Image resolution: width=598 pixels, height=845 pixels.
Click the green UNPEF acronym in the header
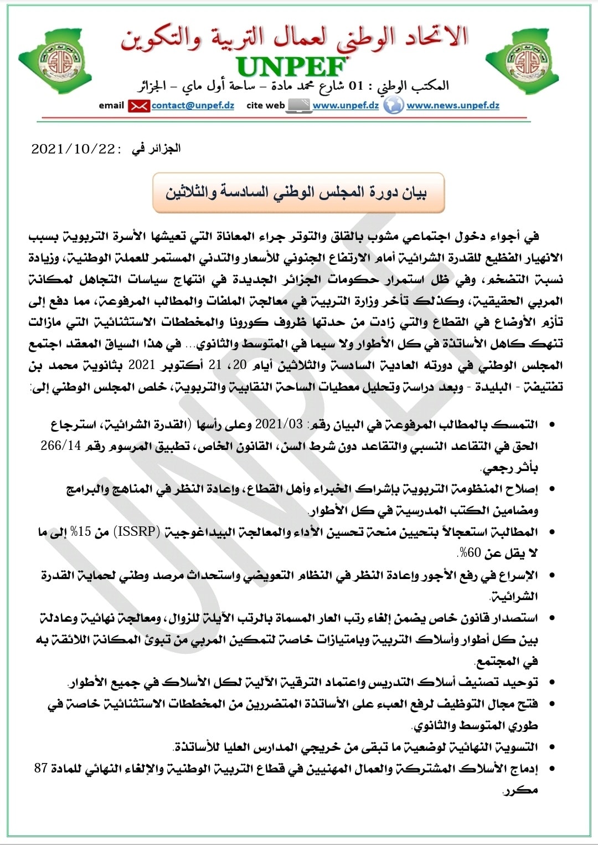pyautogui.click(x=292, y=67)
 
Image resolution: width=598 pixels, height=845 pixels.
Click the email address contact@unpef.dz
pyautogui.click(x=193, y=105)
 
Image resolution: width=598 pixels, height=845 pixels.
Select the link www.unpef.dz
pyautogui.click(x=346, y=105)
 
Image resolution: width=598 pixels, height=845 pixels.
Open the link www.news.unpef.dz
pyautogui.click(x=453, y=105)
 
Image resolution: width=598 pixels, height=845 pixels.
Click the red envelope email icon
pyautogui.click(x=138, y=106)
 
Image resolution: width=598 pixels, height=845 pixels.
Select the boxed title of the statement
pyautogui.click(x=298, y=193)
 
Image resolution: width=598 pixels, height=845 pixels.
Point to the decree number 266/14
pyautogui.click(x=61, y=446)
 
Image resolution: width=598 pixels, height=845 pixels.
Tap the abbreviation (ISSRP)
pyautogui.click(x=137, y=532)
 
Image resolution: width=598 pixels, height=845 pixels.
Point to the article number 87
pyautogui.click(x=41, y=769)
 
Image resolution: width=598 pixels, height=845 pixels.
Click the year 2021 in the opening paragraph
pyautogui.click(x=142, y=365)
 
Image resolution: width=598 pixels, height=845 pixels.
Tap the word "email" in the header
pyautogui.click(x=111, y=105)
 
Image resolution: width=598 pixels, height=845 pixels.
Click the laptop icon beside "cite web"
pyautogui.click(x=299, y=105)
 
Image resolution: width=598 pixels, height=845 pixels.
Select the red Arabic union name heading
pyautogui.click(x=294, y=38)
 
